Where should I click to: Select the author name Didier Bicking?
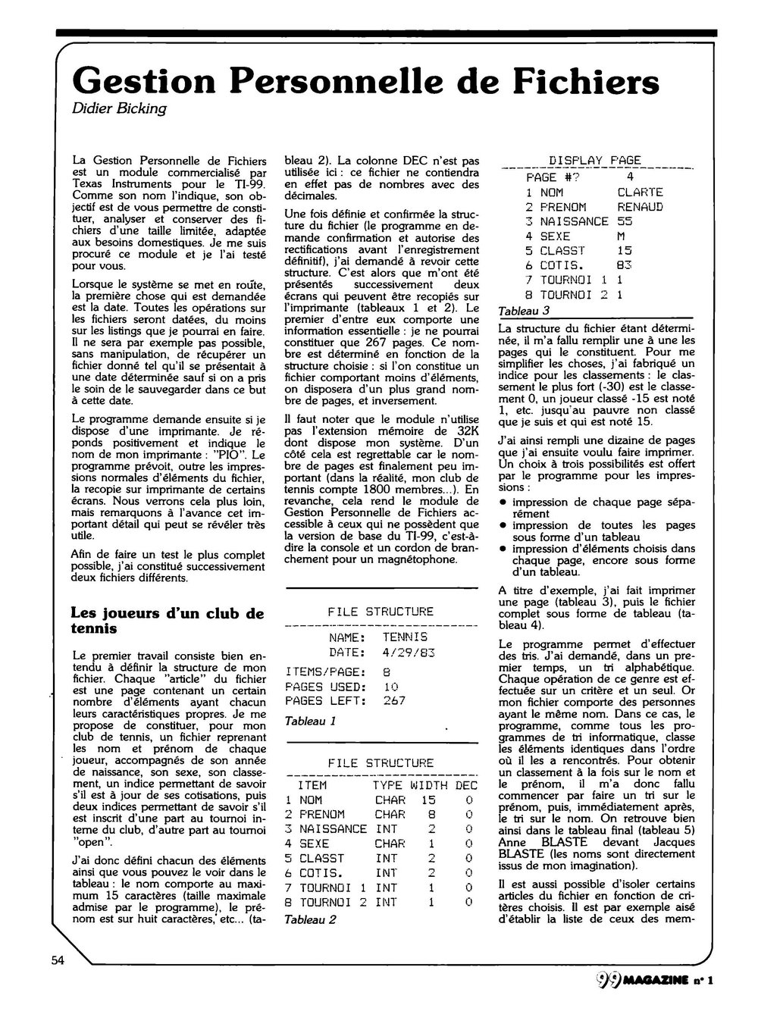pos(118,108)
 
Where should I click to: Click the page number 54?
pos(58,961)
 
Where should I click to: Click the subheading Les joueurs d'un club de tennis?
pos(167,621)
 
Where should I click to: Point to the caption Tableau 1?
pos(310,721)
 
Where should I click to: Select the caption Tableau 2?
pos(310,919)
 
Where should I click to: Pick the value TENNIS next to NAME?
pos(405,637)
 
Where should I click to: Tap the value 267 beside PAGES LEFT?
pos(394,701)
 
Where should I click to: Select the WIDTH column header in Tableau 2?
pos(429,785)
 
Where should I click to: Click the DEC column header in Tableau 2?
pos(467,785)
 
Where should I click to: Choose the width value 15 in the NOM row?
pos(429,800)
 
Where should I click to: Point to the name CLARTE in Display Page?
pos(641,193)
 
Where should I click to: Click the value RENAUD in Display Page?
pos(641,207)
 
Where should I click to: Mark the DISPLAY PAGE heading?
pos(594,160)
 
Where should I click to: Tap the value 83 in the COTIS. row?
pos(625,265)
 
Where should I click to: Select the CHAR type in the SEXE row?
pos(390,844)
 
